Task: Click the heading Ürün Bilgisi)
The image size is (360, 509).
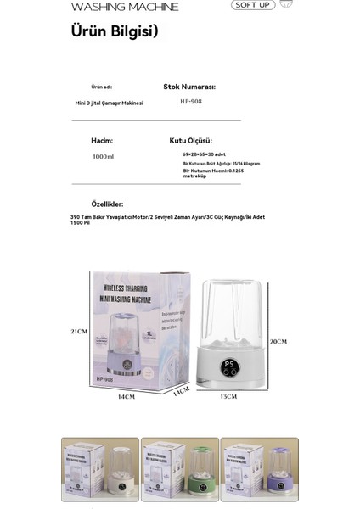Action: pos(114,31)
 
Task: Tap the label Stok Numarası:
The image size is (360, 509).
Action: pos(189,87)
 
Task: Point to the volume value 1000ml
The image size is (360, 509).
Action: pos(103,156)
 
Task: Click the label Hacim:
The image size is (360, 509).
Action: pos(102,140)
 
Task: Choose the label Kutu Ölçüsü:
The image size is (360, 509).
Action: pos(190,140)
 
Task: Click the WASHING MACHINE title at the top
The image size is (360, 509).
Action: pos(125,7)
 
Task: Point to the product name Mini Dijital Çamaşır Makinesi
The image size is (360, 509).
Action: pos(109,103)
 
